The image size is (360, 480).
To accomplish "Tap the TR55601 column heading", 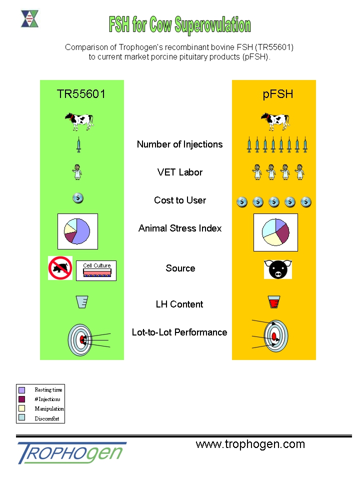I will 81,94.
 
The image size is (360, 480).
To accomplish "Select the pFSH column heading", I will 278,94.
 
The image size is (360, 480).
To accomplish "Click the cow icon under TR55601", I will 79,121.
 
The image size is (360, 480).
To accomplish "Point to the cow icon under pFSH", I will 274,121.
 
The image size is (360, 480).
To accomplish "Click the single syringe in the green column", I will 78,145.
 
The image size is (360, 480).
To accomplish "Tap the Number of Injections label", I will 179,144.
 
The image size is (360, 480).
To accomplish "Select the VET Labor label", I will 179,172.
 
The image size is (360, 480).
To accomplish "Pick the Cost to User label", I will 179,200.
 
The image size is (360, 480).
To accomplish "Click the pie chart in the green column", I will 77,231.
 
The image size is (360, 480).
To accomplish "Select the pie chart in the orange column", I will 275,232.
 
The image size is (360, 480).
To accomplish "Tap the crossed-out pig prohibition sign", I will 60,268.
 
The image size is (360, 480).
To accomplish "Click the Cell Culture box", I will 96,270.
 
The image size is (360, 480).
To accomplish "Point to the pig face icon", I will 277,269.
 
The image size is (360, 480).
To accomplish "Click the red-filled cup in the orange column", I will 273,302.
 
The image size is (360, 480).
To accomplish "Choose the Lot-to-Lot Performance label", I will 179,332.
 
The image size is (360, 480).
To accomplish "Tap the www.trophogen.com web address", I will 250,444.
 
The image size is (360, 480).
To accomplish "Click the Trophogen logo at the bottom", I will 70,452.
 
